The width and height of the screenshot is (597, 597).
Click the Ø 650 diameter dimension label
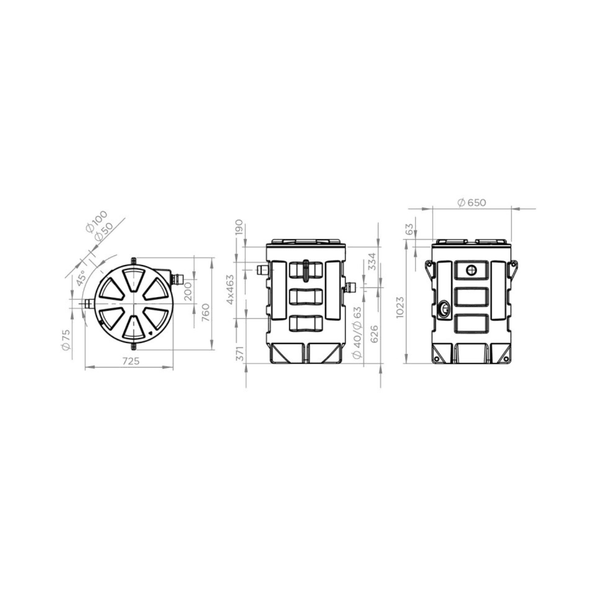(x=470, y=202)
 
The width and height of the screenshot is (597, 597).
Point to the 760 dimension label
(x=204, y=313)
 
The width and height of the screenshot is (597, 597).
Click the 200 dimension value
(x=188, y=292)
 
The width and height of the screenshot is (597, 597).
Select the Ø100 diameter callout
(x=95, y=222)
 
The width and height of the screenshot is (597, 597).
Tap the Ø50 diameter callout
(x=103, y=231)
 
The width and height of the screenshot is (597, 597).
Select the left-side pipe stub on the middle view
(x=261, y=270)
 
